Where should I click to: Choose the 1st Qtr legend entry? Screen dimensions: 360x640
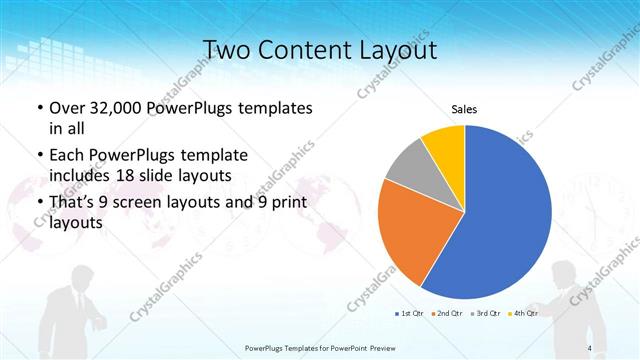[409, 313]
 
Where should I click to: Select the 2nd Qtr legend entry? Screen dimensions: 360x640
[447, 313]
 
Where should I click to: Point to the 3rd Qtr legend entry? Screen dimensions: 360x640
[486, 313]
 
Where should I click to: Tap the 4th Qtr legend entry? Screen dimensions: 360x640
[524, 313]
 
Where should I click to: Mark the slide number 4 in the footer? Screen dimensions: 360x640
[589, 347]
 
